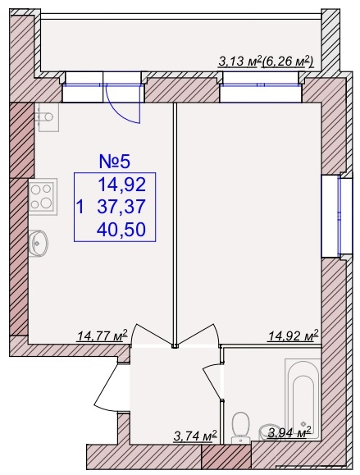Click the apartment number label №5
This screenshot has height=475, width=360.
(x=115, y=161)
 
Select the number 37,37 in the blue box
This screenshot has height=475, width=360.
(x=121, y=207)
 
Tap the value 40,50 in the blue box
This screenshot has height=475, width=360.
(x=121, y=230)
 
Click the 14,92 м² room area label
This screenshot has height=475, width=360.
(x=293, y=335)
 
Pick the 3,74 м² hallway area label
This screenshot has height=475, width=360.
(x=195, y=436)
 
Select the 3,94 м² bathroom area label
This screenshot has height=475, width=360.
(x=289, y=432)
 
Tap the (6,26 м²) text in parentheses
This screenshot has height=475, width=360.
(x=287, y=62)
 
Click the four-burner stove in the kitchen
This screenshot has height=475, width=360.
(x=43, y=197)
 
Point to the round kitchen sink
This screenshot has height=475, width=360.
(x=39, y=243)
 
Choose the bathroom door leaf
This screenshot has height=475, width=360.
(x=213, y=382)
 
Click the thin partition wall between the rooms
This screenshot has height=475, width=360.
(x=175, y=226)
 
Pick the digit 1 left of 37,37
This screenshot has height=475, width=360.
(x=80, y=208)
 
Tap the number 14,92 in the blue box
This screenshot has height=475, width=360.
(x=122, y=185)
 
